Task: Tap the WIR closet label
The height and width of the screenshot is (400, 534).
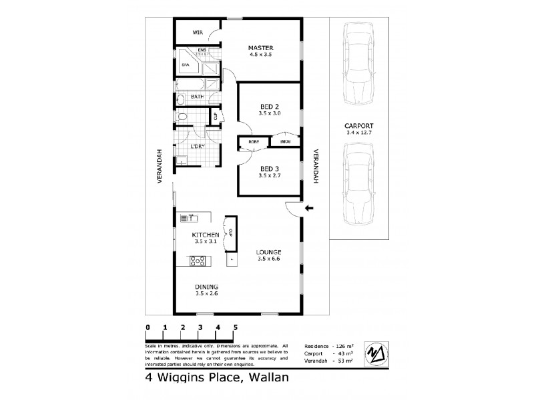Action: tap(198, 32)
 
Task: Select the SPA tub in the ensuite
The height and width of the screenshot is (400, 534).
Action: tap(187, 65)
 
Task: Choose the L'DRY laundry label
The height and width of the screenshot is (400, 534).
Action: tap(197, 146)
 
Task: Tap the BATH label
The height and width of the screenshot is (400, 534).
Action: tap(197, 97)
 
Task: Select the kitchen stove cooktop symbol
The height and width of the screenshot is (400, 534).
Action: tap(198, 261)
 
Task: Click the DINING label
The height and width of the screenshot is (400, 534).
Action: tap(206, 287)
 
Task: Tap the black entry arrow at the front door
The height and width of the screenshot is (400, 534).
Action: tap(308, 208)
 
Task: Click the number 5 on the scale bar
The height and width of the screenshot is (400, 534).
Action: tap(235, 327)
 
